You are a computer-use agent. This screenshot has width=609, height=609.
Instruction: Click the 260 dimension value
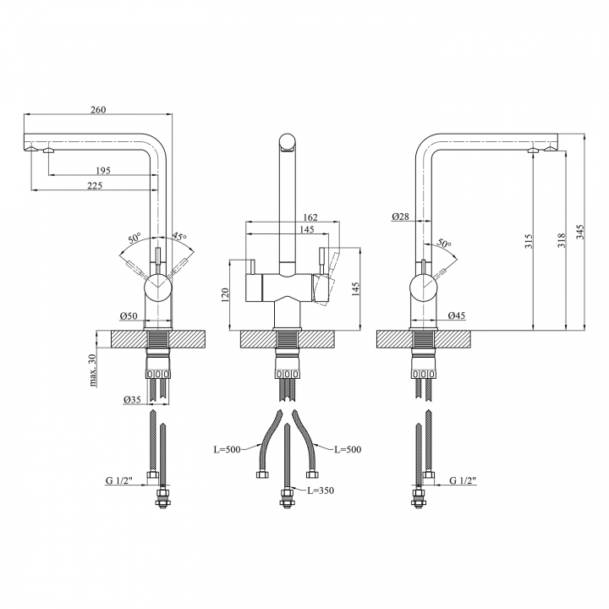98,110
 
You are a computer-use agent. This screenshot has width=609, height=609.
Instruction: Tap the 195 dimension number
103,171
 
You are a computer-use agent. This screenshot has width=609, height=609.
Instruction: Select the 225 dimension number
95,185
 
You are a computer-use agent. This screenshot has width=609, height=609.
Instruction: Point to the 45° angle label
179,236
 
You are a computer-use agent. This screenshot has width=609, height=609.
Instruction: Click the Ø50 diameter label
129,315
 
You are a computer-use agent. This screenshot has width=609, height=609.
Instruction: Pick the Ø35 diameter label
132,399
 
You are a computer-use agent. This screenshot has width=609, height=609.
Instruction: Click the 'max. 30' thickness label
93,371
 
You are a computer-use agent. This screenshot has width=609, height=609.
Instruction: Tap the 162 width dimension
310,217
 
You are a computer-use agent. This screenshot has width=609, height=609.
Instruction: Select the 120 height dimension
225,295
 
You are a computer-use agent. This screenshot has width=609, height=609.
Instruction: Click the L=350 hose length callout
321,491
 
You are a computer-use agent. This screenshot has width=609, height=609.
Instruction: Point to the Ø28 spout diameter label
400,217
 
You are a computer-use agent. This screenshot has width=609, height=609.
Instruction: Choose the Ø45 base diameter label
457,315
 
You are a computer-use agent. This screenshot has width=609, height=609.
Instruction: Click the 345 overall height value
579,232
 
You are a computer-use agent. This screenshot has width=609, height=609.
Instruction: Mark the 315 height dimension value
529,241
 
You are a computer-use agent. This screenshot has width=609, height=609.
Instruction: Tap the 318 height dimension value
562,241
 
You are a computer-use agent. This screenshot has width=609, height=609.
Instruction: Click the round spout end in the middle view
288,142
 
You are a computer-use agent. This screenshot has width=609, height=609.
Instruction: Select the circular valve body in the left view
157,288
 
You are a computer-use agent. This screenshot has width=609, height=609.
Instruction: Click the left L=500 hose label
228,449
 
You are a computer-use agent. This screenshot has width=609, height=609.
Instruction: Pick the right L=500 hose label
348,449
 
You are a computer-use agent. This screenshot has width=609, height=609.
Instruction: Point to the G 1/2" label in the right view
463,480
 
